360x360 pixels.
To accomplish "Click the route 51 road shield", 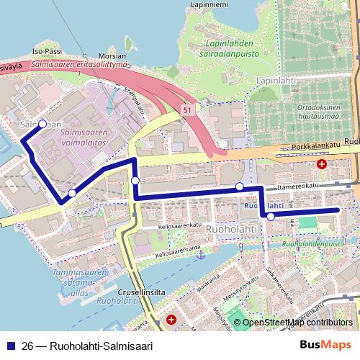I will point(187,109).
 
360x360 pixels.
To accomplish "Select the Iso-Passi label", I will point(47,53).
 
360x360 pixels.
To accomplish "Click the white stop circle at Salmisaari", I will point(42,124).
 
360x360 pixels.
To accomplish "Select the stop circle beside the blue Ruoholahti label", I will point(270,216).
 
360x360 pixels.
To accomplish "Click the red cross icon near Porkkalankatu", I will point(322,164).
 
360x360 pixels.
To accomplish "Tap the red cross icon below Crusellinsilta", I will point(171,319).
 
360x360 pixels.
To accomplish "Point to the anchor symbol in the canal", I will point(202,255).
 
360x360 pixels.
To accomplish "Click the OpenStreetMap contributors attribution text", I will point(297,323).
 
